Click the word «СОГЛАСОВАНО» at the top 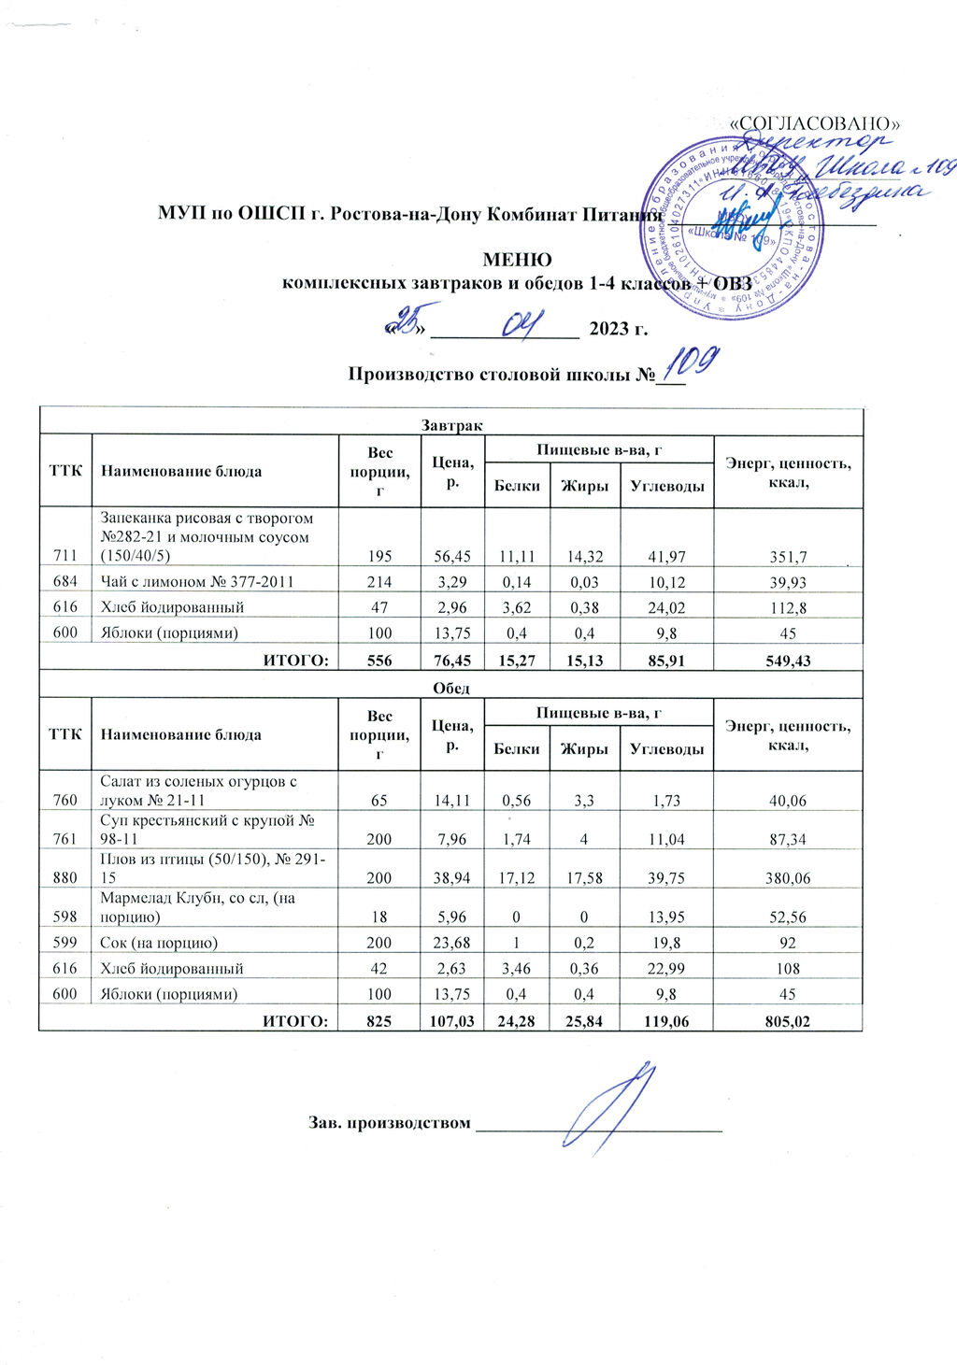click(x=815, y=123)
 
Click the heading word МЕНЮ click(x=516, y=260)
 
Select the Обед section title click(x=450, y=688)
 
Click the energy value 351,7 click(x=787, y=558)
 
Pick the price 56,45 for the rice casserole click(x=452, y=558)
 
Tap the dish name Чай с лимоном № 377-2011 click(x=197, y=582)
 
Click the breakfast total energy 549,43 click(x=787, y=661)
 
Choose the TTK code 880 click(x=65, y=878)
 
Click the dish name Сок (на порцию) click(x=159, y=943)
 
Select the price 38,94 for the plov click(x=452, y=878)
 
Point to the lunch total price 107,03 click(x=452, y=1022)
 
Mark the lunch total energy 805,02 click(x=787, y=1022)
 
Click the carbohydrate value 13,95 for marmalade click(x=666, y=917)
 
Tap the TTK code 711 click(x=65, y=558)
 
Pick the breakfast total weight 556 click(x=379, y=661)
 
